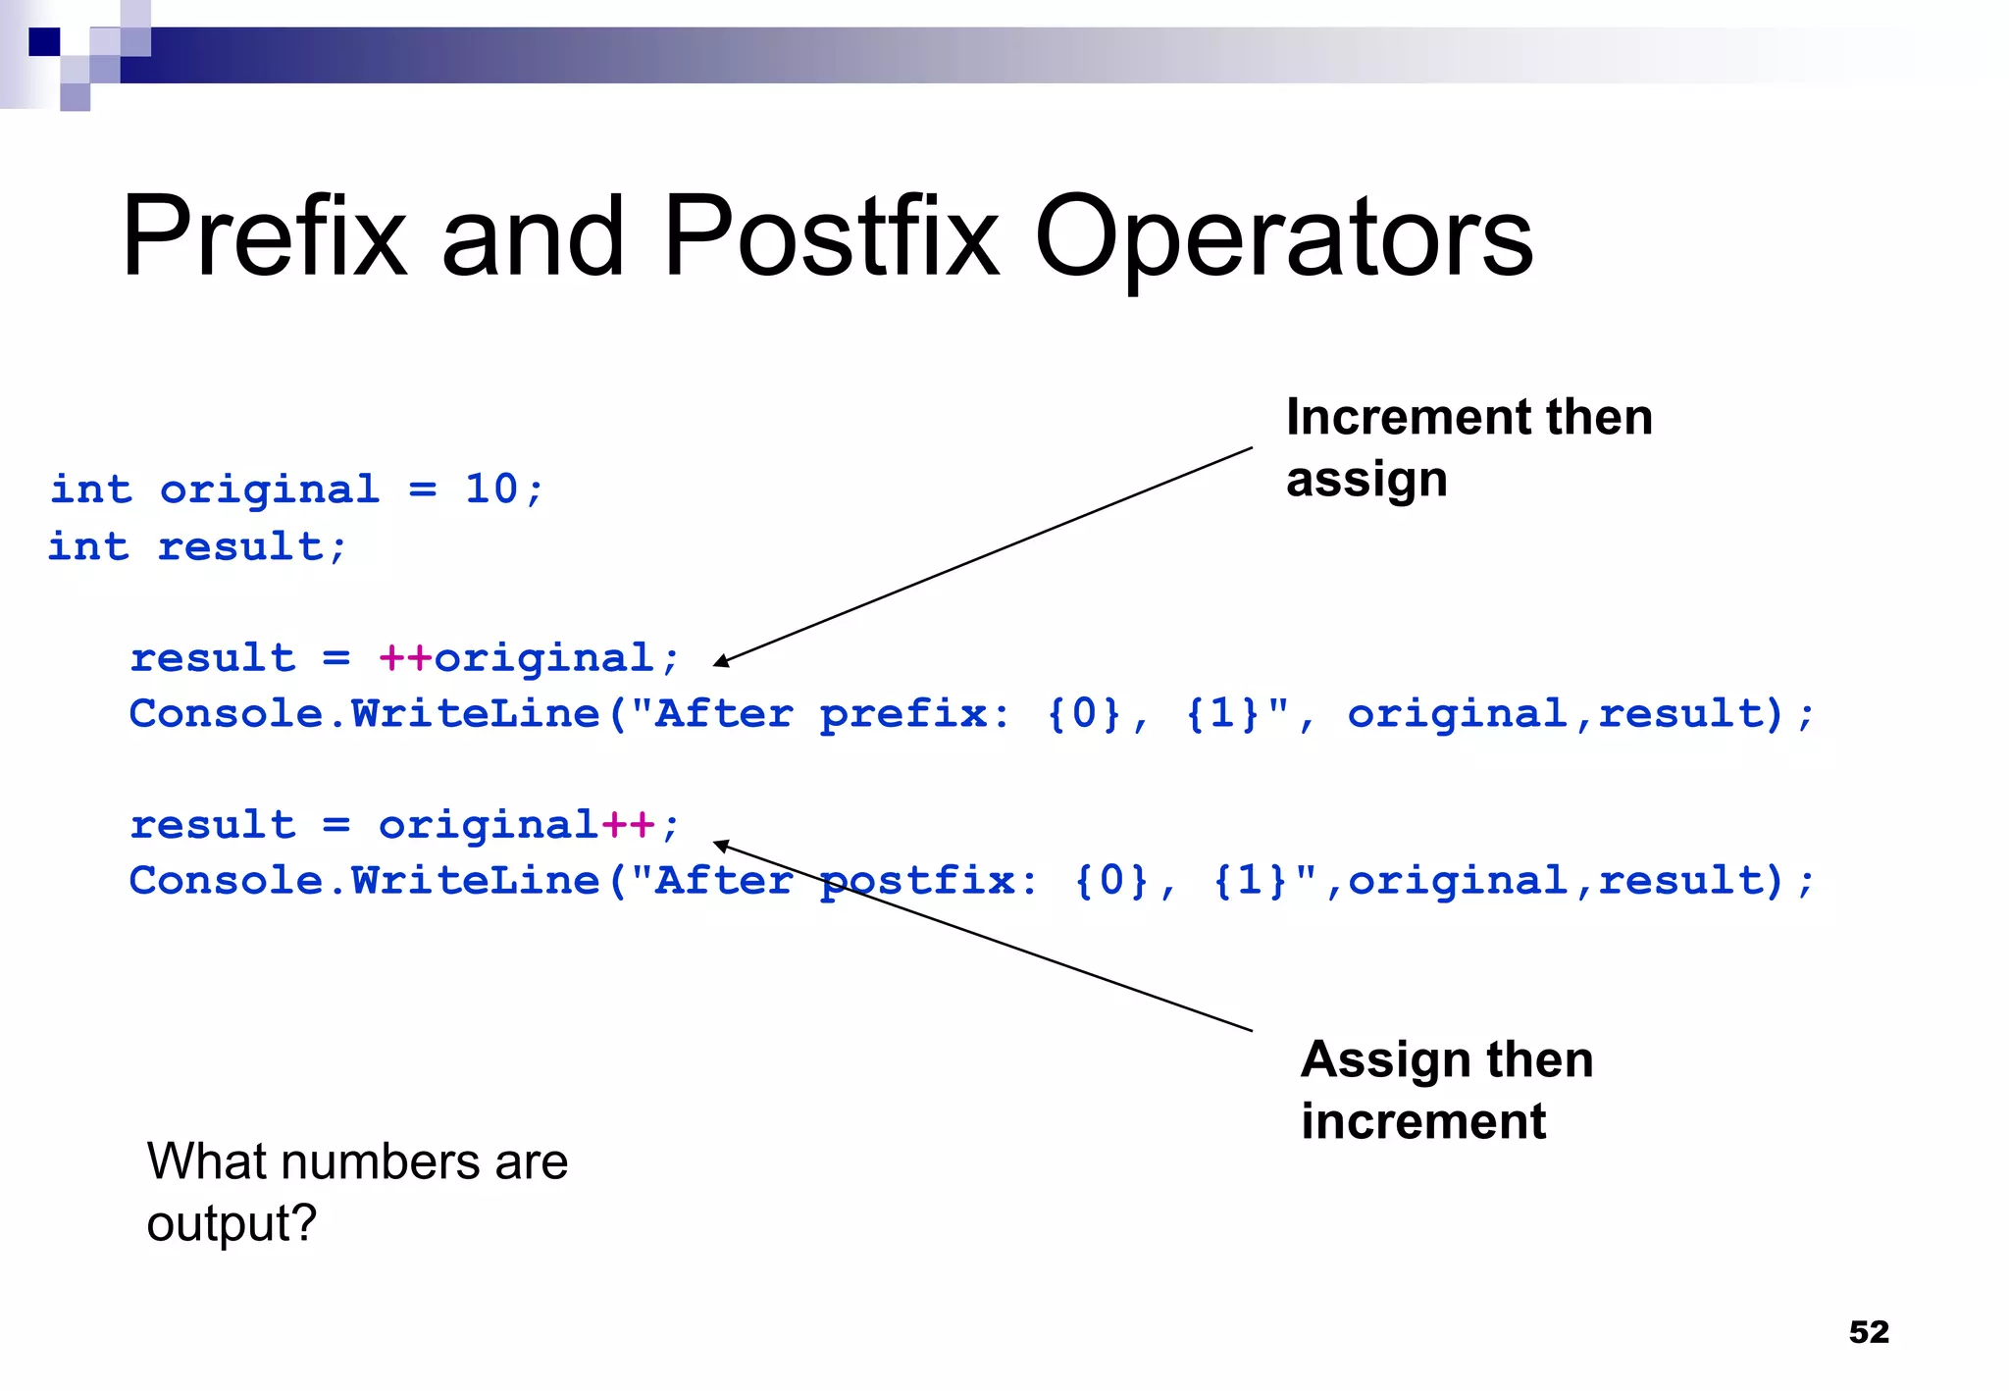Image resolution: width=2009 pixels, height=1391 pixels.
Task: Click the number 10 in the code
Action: click(490, 489)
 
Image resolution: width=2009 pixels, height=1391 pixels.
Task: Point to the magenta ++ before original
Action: click(405, 657)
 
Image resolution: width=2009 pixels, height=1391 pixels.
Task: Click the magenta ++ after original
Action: click(628, 824)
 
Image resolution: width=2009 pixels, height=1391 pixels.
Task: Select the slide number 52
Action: click(1868, 1331)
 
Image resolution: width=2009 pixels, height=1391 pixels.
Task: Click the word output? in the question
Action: click(232, 1223)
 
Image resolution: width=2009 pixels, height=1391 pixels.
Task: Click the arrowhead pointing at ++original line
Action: click(721, 662)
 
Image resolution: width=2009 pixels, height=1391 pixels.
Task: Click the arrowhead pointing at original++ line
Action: click(721, 845)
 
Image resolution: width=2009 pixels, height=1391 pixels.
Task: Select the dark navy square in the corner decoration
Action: click(44, 42)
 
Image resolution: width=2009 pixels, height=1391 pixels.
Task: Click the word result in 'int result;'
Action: click(241, 546)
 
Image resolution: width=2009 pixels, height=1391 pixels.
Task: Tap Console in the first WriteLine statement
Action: click(227, 714)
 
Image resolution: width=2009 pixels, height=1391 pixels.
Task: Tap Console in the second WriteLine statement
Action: click(227, 881)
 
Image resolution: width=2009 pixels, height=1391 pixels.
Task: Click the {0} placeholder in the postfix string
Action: click(1110, 881)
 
